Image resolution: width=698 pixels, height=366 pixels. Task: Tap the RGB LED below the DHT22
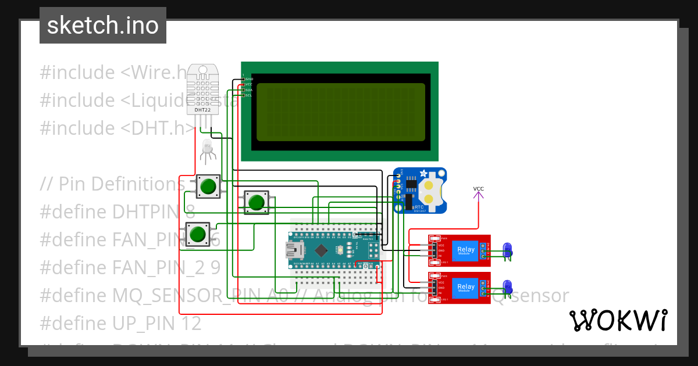point(207,148)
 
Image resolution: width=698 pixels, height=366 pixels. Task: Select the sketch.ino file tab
point(103,26)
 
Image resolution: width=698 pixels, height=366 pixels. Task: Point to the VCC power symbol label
point(478,189)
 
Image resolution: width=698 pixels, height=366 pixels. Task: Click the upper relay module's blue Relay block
point(465,250)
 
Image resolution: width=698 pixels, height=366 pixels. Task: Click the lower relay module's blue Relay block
point(465,287)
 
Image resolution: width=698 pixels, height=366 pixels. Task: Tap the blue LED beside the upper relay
point(507,249)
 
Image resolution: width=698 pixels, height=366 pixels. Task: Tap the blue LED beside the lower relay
point(507,286)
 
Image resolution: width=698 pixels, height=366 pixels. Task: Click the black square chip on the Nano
point(321,250)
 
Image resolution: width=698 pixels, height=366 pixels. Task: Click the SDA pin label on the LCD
point(248,90)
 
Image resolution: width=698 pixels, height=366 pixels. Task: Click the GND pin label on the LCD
point(249,78)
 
